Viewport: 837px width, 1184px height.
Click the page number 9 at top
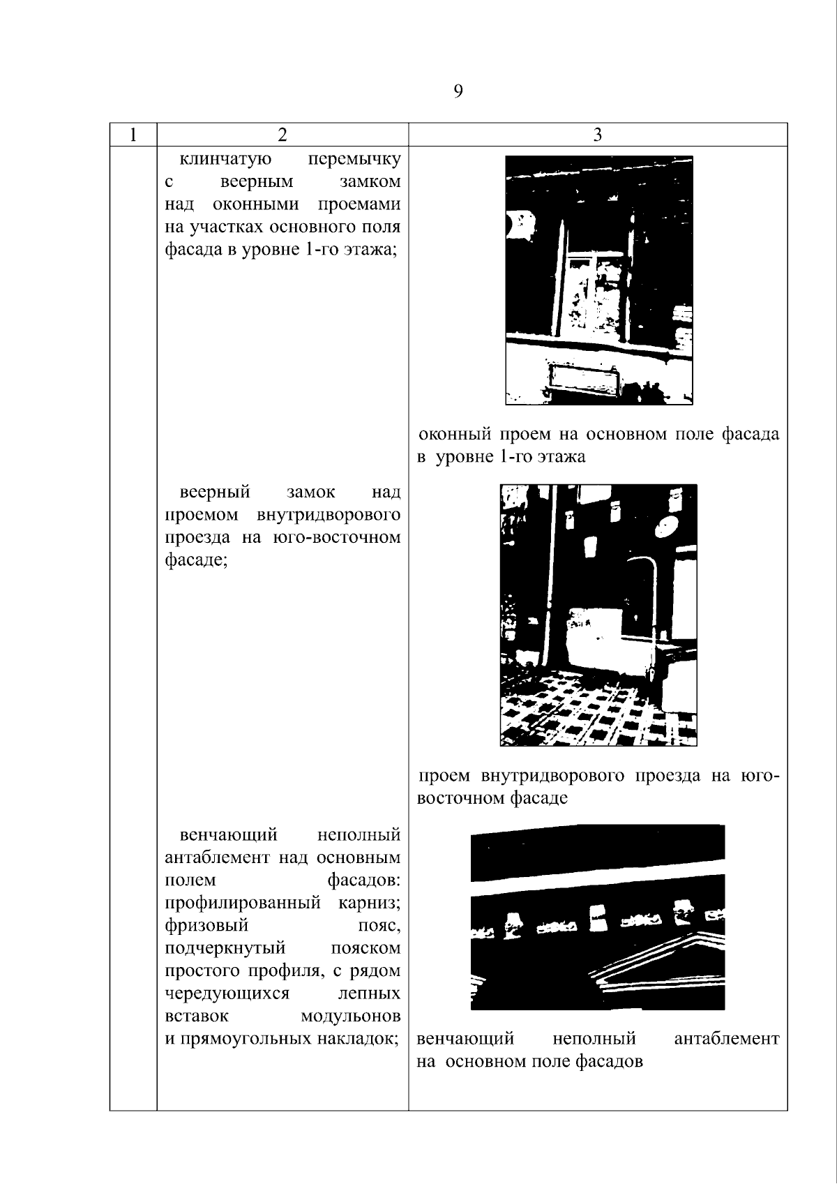click(458, 91)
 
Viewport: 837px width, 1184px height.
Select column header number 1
click(133, 135)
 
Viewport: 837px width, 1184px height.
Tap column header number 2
click(282, 135)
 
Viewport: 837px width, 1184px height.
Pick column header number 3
click(597, 135)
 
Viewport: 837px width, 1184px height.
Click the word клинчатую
click(225, 158)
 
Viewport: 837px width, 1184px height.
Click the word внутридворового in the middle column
click(329, 516)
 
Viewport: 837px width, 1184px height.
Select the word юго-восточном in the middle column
click(337, 537)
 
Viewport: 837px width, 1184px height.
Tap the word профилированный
click(243, 903)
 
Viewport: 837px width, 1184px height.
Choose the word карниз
click(370, 903)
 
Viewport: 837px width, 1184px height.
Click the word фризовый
click(206, 925)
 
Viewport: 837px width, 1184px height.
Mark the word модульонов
click(350, 1016)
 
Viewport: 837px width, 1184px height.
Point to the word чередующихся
click(227, 994)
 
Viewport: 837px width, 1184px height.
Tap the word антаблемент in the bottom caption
click(727, 1039)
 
